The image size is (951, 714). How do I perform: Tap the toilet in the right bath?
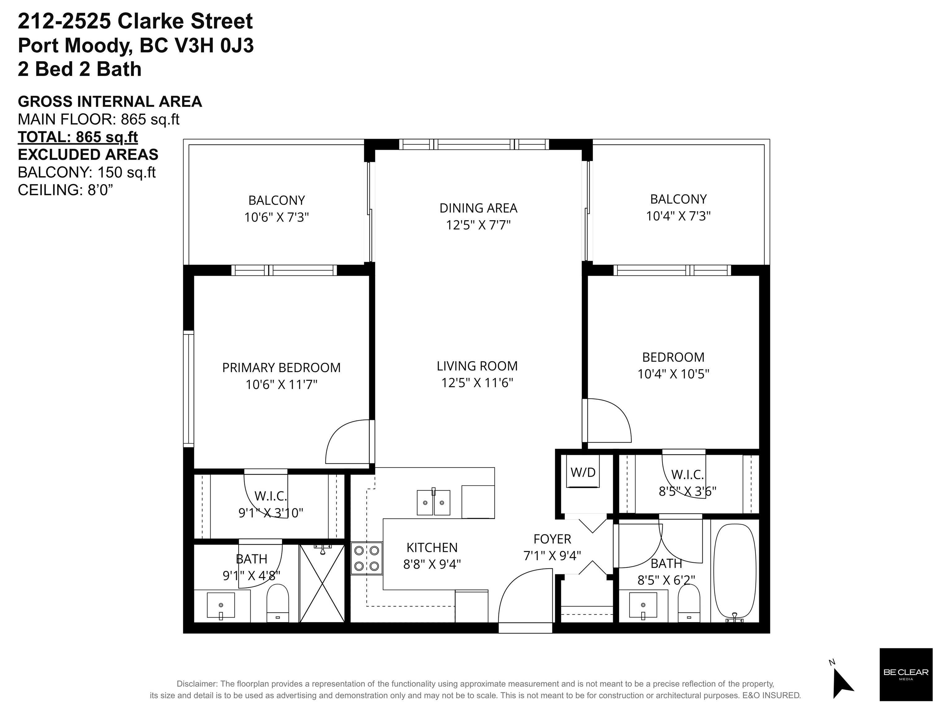click(x=689, y=603)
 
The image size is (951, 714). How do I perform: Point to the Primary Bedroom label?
click(x=281, y=367)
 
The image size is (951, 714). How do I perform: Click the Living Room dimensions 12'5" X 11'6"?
click(x=477, y=382)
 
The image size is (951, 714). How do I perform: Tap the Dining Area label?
click(x=478, y=208)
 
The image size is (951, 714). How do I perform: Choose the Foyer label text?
click(x=552, y=539)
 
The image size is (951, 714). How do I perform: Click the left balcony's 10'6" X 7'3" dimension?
click(x=277, y=217)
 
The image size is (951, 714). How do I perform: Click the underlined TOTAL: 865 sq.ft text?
click(x=78, y=137)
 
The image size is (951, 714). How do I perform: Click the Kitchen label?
click(x=432, y=548)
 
